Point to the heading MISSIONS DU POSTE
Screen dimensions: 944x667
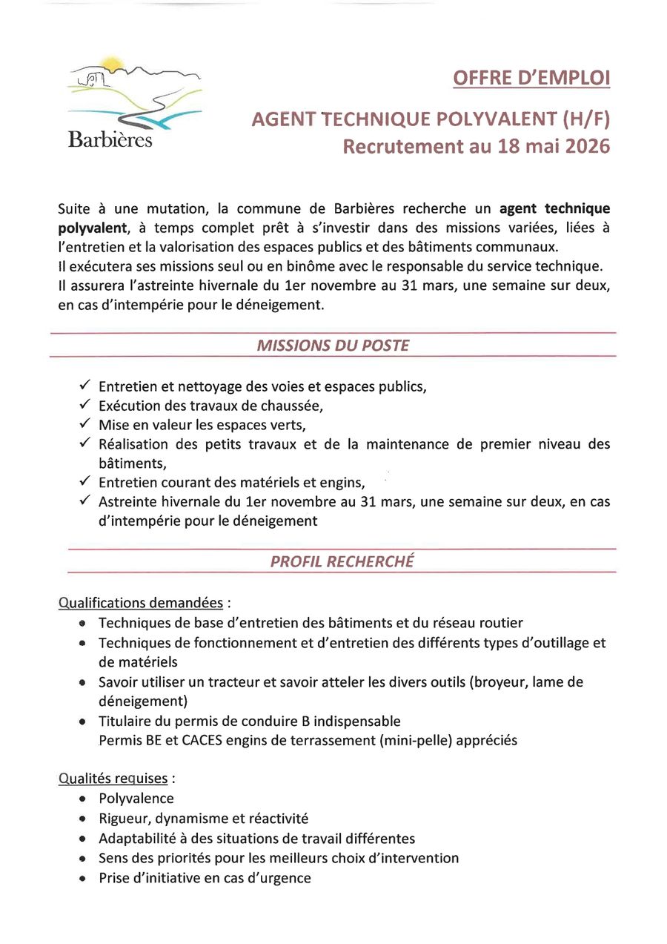(333, 346)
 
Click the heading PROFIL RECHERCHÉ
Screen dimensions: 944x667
(342, 561)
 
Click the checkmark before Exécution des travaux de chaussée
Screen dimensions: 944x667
(84, 406)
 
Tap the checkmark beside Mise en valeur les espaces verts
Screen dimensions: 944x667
(84, 425)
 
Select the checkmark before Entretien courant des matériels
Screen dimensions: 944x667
(84, 483)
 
